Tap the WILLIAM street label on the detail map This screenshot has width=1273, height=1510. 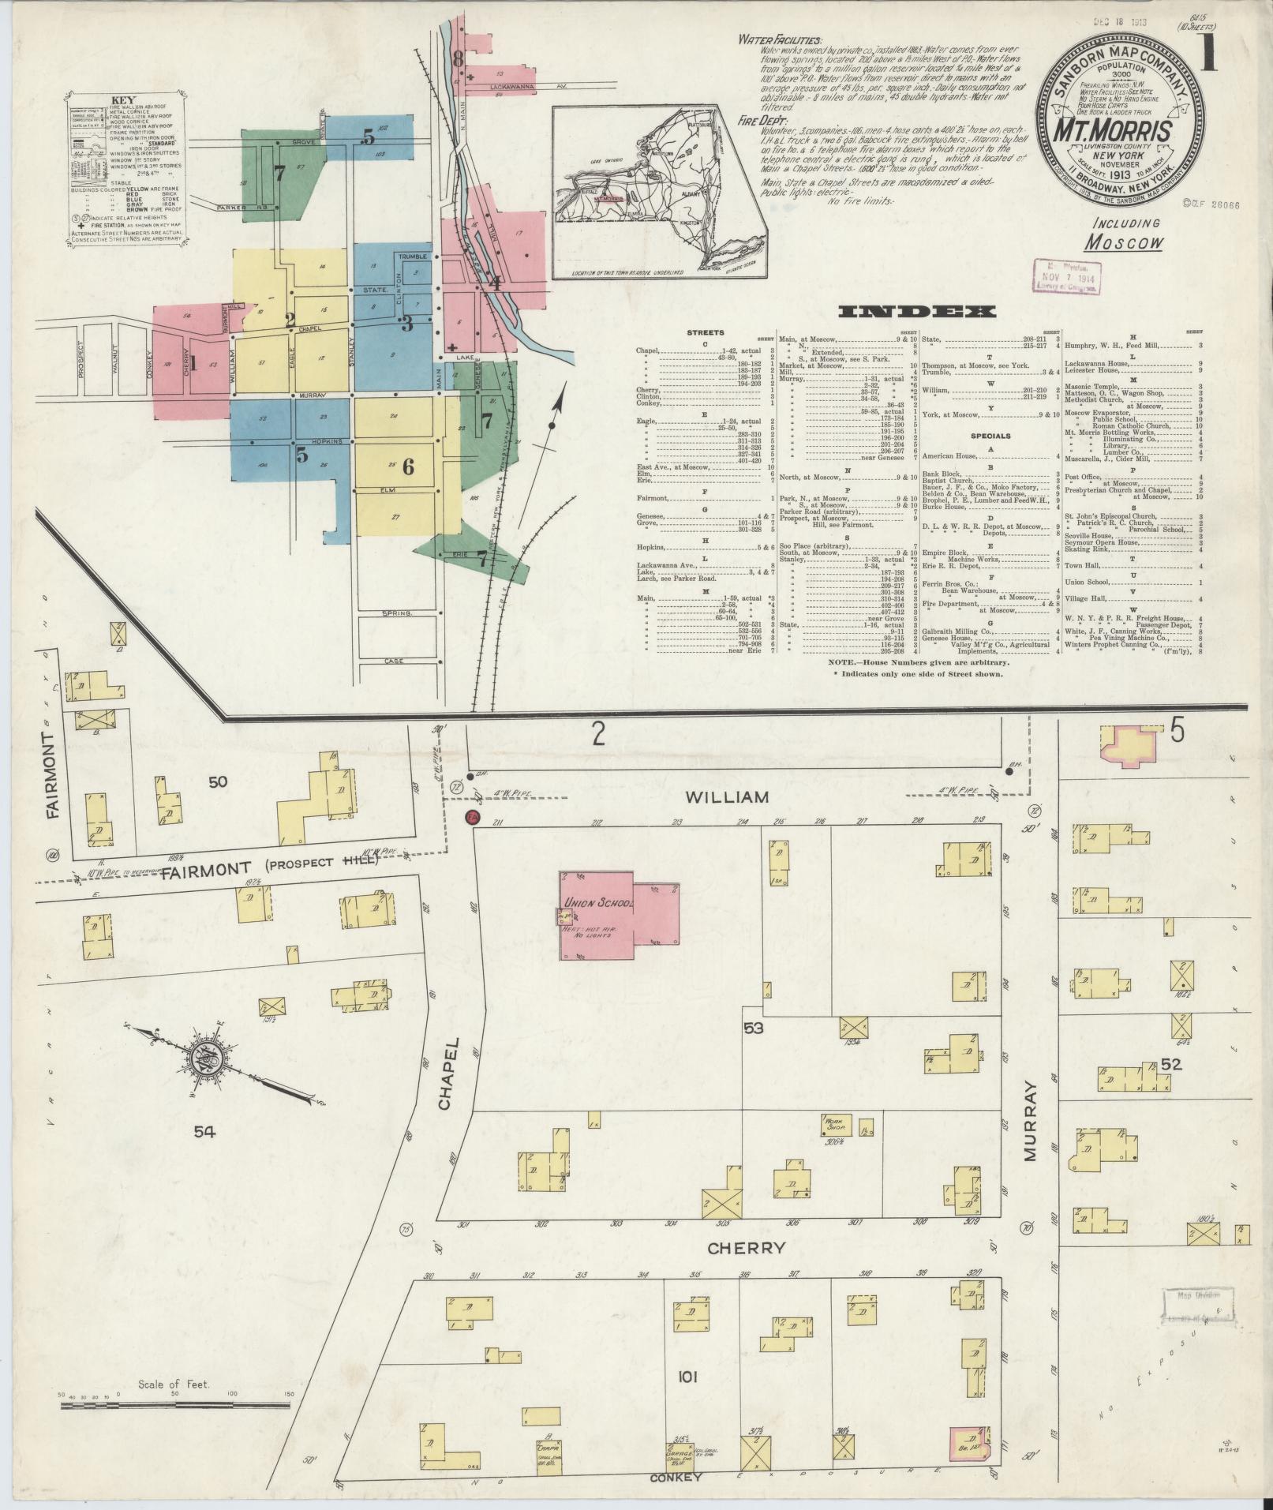click(x=727, y=797)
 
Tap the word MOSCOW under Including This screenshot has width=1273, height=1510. click(x=1123, y=242)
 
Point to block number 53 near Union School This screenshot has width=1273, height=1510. click(x=754, y=1028)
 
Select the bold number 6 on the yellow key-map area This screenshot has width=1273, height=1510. click(x=408, y=466)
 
